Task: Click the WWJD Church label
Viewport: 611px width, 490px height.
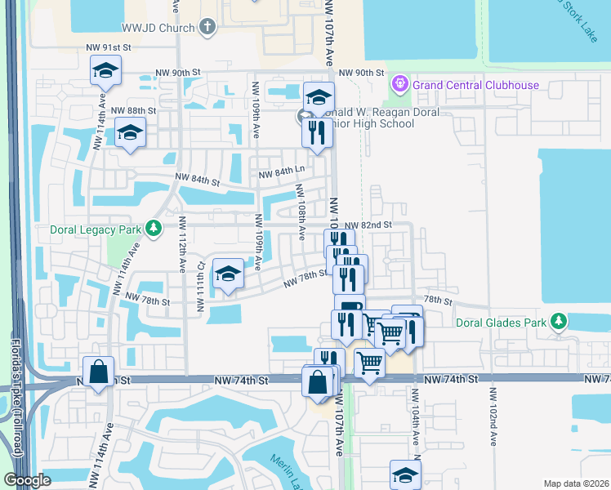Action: pyautogui.click(x=158, y=27)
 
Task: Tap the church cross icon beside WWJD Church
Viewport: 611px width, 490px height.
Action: pyautogui.click(x=207, y=27)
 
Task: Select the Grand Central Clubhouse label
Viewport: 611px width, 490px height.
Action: pyautogui.click(x=475, y=84)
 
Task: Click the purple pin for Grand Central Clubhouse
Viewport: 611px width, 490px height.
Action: pyautogui.click(x=399, y=83)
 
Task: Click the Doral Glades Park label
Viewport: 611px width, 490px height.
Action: pyautogui.click(x=501, y=323)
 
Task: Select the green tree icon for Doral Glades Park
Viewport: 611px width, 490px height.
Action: pyautogui.click(x=558, y=321)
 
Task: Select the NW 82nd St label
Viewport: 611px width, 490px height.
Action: pyautogui.click(x=368, y=225)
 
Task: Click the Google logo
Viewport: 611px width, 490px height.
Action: pyautogui.click(x=27, y=480)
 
